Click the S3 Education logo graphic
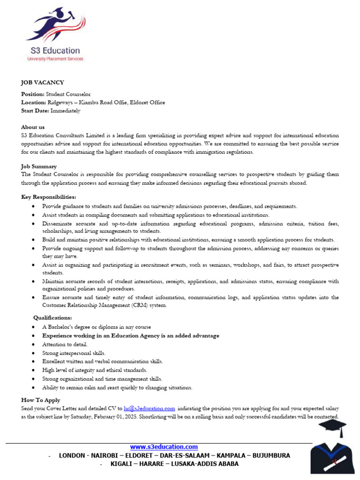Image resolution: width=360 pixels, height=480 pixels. tap(55, 26)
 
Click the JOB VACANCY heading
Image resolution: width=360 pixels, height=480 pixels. tap(42, 82)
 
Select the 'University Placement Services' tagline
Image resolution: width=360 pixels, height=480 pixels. tap(55, 59)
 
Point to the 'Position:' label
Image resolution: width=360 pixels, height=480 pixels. tap(33, 94)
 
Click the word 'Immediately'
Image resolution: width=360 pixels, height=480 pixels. tap(65, 111)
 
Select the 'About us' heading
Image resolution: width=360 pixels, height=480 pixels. tap(33, 127)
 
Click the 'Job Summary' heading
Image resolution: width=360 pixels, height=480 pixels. tap(39, 166)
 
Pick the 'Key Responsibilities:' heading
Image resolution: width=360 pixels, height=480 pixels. tap(48, 197)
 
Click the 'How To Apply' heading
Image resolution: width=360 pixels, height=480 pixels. tap(40, 400)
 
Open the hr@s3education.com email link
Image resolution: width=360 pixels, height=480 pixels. tap(149, 409)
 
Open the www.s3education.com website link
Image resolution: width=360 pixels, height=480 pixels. tap(164, 447)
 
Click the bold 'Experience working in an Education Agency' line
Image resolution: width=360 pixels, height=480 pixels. tap(130, 336)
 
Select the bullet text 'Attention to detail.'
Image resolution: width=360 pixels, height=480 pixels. tap(65, 344)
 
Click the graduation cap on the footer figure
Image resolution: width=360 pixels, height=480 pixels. tap(332, 428)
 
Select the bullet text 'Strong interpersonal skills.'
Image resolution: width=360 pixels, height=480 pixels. tap(74, 353)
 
